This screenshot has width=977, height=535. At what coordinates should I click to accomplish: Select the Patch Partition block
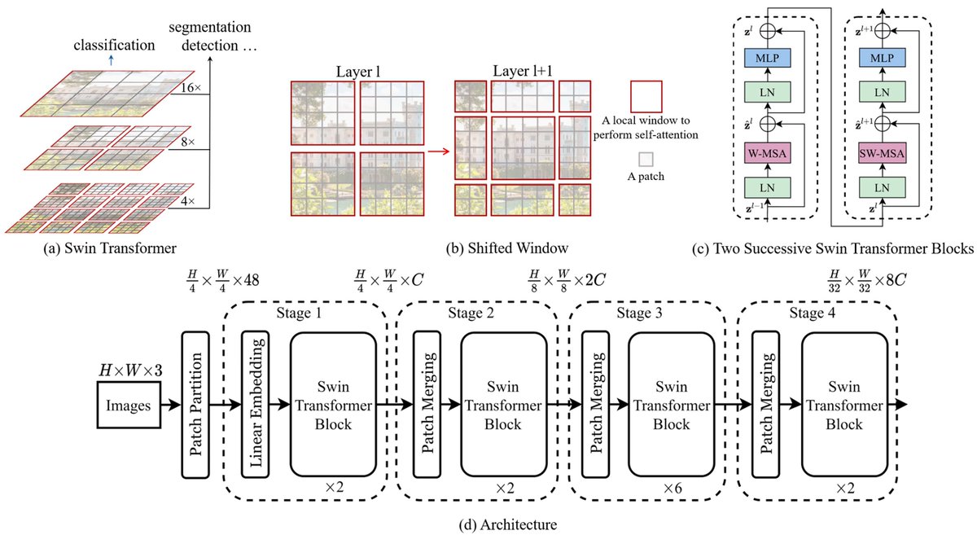tap(195, 404)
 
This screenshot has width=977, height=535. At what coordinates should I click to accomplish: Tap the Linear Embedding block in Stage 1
tap(256, 404)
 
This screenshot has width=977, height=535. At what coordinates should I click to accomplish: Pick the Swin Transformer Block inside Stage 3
tap(670, 404)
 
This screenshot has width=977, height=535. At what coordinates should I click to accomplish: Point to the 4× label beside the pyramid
tap(189, 200)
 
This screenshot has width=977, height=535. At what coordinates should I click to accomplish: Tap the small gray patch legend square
tap(645, 160)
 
